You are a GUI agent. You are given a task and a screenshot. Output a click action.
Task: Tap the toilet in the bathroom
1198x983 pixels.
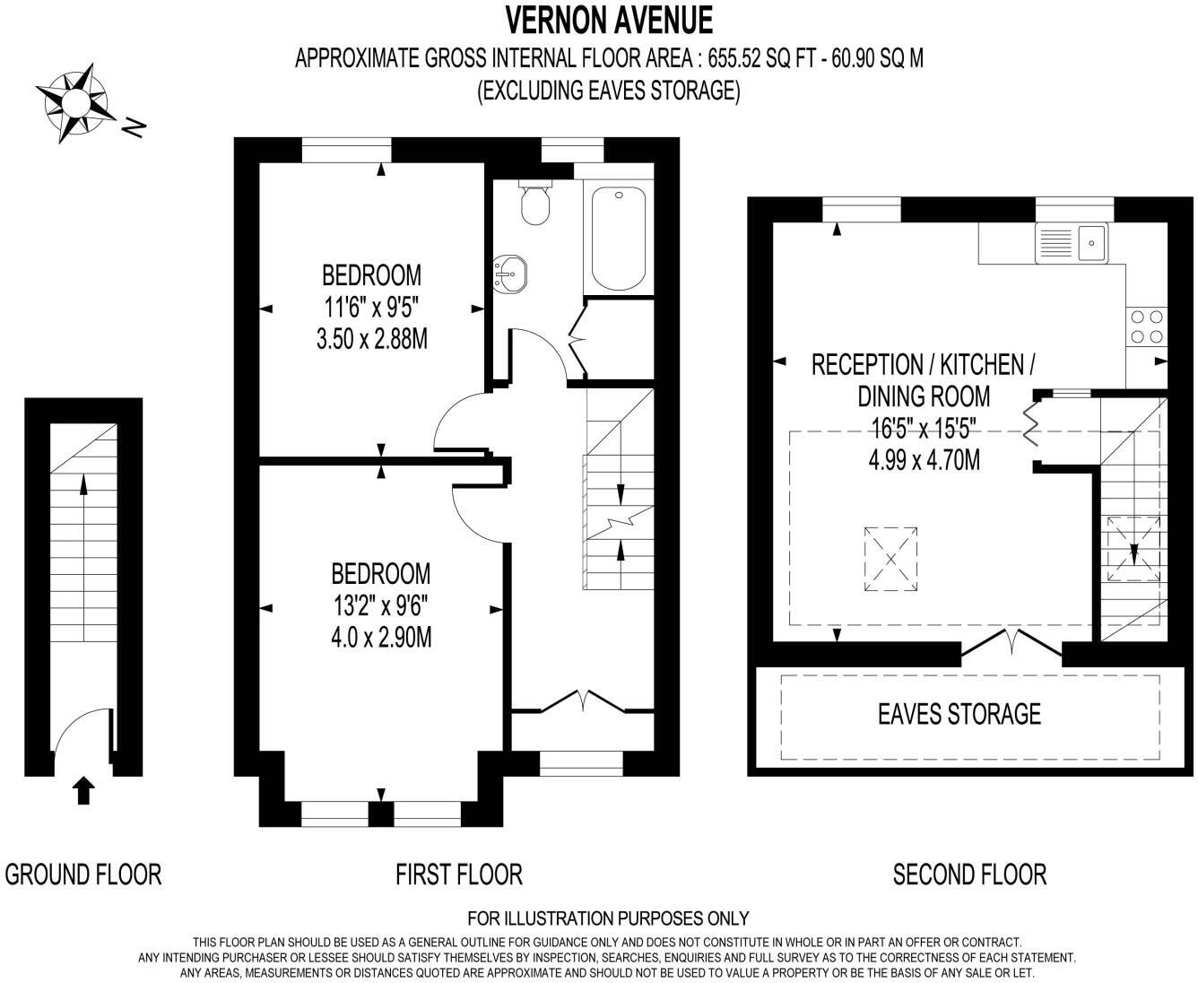coord(535,202)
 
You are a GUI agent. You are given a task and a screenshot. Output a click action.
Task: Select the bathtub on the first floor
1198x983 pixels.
coord(619,239)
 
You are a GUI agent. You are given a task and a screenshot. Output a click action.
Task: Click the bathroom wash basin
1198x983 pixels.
coord(510,271)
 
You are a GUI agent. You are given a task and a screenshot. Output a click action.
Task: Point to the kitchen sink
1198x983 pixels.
coord(1072,243)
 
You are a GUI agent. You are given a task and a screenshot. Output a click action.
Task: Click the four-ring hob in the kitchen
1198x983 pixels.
coord(1146,326)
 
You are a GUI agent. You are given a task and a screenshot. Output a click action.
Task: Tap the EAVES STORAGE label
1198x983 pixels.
coord(959,714)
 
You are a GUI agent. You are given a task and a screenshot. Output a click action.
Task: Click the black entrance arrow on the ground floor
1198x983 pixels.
coord(83,790)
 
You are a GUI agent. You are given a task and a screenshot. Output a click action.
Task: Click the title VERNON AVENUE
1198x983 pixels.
coord(609,21)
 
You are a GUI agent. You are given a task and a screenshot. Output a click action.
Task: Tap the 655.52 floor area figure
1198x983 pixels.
coord(734,58)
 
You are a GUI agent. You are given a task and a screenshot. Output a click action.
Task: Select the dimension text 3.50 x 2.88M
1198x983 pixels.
coord(372,339)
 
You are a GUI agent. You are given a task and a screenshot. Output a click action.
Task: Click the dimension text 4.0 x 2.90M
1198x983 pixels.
coord(381,637)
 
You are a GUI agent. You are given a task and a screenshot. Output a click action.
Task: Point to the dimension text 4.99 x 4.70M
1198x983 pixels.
coord(925,460)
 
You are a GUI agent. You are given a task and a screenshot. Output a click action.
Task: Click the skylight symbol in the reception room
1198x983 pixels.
coord(890,559)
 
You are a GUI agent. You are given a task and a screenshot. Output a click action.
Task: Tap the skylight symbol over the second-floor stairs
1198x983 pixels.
coord(1133,548)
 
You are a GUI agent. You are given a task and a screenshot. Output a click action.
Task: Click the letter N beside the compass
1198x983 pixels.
coord(135,129)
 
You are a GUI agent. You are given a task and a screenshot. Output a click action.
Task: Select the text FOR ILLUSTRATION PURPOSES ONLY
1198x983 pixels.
coord(608,918)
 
